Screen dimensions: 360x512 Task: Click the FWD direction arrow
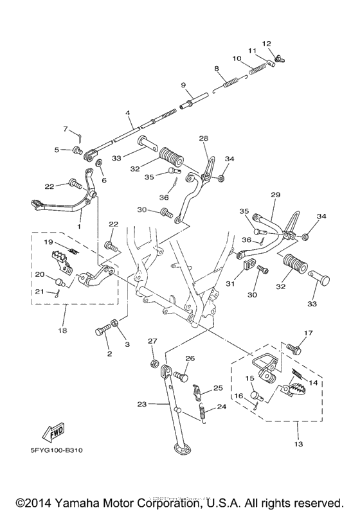click(53, 432)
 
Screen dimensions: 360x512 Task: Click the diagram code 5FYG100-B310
click(57, 451)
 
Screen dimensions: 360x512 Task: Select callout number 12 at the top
click(267, 44)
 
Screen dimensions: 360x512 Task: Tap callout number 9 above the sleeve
click(184, 85)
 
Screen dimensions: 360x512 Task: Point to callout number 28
click(203, 139)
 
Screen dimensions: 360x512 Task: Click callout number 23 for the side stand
click(142, 404)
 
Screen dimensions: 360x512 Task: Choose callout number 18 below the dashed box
click(62, 330)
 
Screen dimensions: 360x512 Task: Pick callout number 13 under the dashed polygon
click(298, 444)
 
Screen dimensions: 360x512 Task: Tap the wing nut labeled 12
click(278, 58)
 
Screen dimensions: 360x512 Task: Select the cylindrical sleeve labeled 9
click(194, 101)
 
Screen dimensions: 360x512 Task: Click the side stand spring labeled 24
click(203, 413)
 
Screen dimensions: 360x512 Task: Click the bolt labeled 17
click(293, 349)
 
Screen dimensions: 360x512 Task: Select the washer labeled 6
click(99, 163)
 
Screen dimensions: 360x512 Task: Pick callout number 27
click(152, 341)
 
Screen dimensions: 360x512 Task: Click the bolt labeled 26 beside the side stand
click(181, 377)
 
